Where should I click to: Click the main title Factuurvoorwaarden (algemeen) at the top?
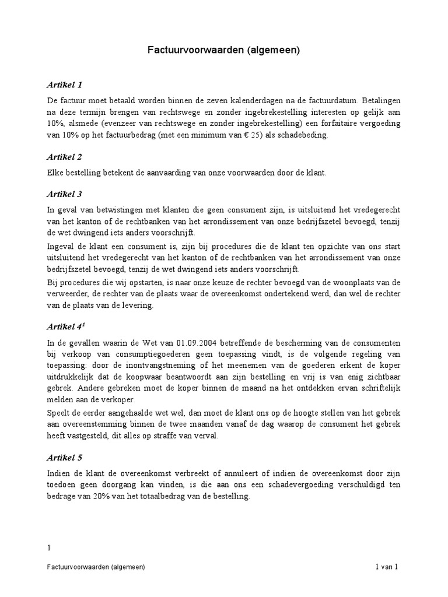point(223,51)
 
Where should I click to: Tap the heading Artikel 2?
point(65,157)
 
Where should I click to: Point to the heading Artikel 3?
point(65,194)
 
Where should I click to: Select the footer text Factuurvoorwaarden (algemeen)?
point(97,567)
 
